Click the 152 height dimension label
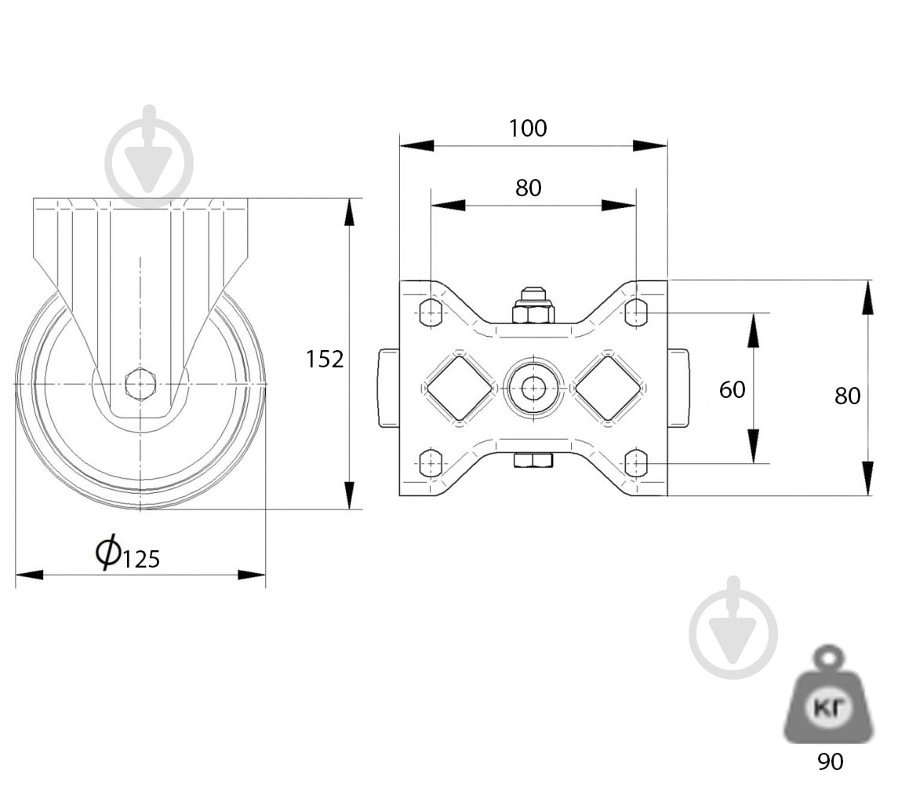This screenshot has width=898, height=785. click(325, 360)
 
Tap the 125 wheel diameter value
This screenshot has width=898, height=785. click(140, 559)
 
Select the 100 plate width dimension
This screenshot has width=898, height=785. click(528, 129)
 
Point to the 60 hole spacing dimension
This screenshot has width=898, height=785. click(733, 390)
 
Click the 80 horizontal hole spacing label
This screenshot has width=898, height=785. click(528, 188)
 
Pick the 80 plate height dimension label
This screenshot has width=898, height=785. click(848, 396)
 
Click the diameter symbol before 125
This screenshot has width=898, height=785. click(107, 552)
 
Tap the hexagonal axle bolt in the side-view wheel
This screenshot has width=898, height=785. click(140, 384)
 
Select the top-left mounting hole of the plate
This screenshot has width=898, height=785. click(431, 312)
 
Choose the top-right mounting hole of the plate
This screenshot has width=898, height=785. click(636, 312)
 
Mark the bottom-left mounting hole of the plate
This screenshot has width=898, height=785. click(431, 462)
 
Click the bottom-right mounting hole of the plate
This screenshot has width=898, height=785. click(636, 462)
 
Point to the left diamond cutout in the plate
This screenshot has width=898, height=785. click(460, 389)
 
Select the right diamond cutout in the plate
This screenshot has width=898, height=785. click(608, 389)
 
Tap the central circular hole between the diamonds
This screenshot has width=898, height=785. click(533, 389)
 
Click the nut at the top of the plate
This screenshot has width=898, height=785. click(533, 305)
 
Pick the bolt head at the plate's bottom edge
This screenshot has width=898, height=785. click(533, 460)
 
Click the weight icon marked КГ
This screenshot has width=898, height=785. click(829, 695)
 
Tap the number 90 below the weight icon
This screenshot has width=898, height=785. click(830, 761)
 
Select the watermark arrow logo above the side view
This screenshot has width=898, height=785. click(150, 156)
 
